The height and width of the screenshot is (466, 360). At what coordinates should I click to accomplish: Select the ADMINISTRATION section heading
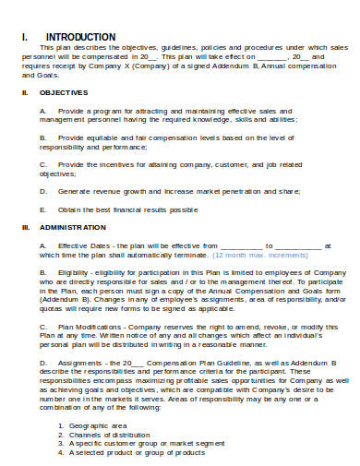pos(72,226)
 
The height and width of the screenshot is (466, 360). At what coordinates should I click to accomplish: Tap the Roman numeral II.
pos(25,92)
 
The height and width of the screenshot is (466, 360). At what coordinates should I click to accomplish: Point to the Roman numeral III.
pos(26,226)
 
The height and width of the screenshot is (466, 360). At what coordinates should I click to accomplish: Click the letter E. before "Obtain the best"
pos(42,209)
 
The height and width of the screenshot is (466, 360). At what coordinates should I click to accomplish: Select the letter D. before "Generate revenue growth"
pos(43,191)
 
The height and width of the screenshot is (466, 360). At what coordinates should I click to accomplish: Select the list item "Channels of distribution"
pos(91,434)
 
